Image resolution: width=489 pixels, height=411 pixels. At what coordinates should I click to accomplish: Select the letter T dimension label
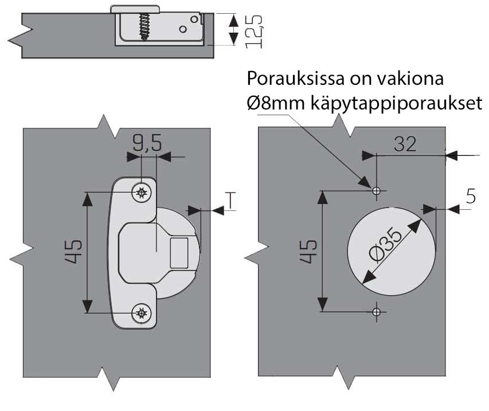pyautogui.click(x=230, y=199)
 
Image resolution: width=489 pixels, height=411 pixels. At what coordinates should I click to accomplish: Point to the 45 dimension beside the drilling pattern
pyautogui.click(x=308, y=250)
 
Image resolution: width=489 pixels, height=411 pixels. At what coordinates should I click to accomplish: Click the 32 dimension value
pyautogui.click(x=405, y=144)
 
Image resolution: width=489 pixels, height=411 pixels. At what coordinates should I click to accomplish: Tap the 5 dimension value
pyautogui.click(x=471, y=197)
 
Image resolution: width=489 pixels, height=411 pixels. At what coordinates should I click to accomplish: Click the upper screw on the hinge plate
pyautogui.click(x=140, y=193)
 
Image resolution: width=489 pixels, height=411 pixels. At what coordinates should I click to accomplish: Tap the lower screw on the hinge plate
pyautogui.click(x=140, y=313)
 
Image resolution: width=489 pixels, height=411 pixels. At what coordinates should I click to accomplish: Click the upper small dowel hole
pyautogui.click(x=376, y=190)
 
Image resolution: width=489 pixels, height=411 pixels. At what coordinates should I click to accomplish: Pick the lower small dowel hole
pyautogui.click(x=376, y=311)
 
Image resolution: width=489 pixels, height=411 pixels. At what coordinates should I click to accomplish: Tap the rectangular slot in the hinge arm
pyautogui.click(x=179, y=252)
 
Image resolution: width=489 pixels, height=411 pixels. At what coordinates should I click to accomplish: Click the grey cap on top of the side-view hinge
pyautogui.click(x=135, y=9)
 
